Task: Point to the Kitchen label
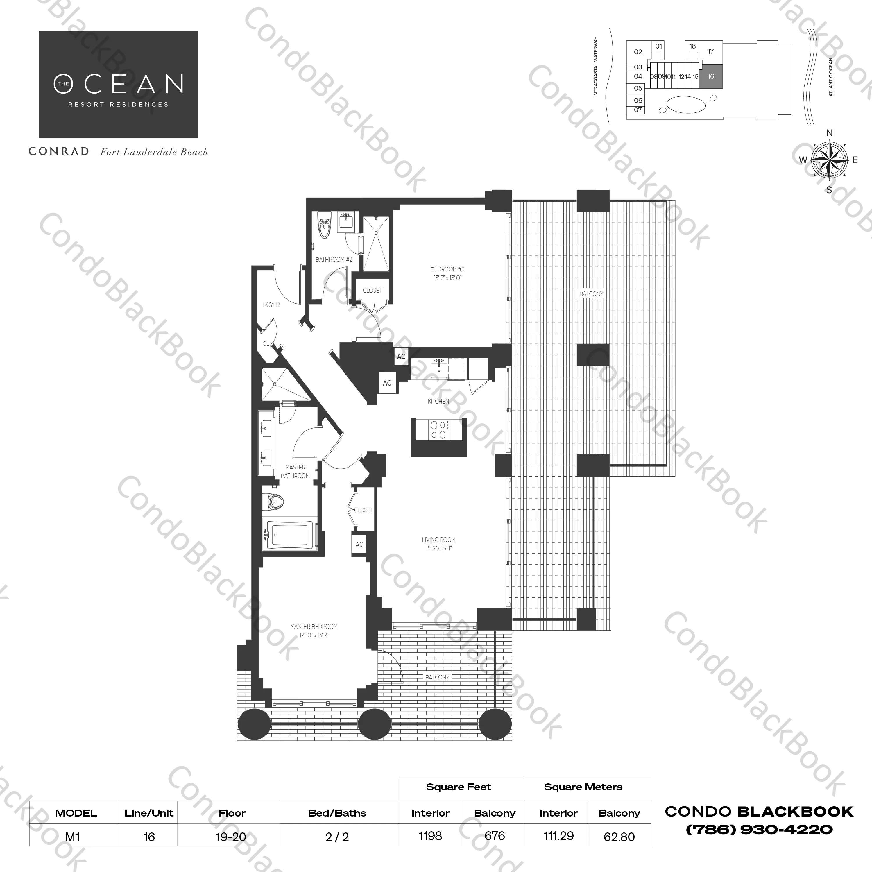tap(438, 401)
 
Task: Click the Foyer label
tap(271, 305)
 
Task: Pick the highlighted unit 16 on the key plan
tap(711, 76)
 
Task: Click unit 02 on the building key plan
tap(638, 52)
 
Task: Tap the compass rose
tap(829, 160)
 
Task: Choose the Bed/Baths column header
tap(337, 813)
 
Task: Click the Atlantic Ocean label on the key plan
tap(831, 77)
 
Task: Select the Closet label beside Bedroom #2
tap(372, 290)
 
